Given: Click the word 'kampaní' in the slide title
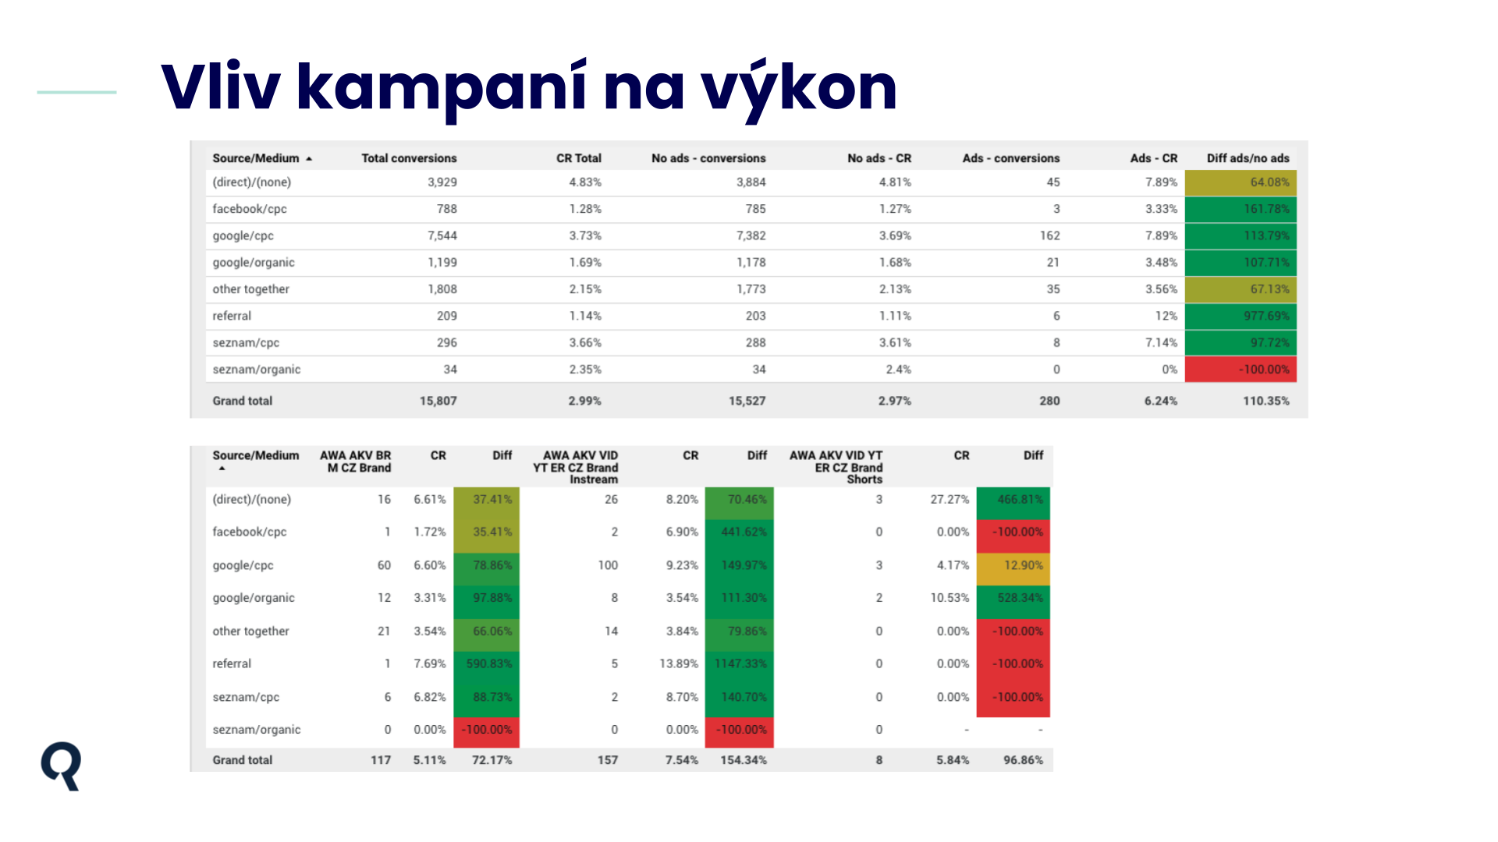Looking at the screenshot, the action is [x=442, y=88].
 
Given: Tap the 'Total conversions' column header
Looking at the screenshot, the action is [x=409, y=158].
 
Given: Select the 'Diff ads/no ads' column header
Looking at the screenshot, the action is [x=1248, y=158].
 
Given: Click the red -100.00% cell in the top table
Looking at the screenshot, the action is [x=1241, y=370].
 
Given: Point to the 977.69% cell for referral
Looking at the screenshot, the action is [x=1241, y=316].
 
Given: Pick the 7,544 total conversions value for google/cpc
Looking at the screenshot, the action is [x=442, y=235].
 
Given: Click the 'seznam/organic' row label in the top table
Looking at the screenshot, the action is [x=256, y=370].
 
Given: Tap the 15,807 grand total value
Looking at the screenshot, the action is [x=438, y=401].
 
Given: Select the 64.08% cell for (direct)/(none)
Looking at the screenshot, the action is [x=1241, y=182].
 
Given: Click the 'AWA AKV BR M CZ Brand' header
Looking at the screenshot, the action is [x=356, y=462].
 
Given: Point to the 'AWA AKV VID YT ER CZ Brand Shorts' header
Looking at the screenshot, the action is [x=836, y=467].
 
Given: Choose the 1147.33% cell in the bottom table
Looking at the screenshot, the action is [x=739, y=663].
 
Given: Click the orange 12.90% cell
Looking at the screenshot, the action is [x=1013, y=565].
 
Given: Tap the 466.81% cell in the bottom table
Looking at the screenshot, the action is [x=1013, y=499].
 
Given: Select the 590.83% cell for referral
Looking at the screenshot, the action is [x=486, y=663].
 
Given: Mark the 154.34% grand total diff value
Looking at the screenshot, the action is [x=744, y=760].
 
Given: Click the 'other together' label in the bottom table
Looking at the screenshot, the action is [x=250, y=631].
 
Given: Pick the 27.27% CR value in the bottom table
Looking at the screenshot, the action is [x=950, y=499].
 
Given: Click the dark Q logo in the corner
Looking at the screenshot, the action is [x=61, y=766].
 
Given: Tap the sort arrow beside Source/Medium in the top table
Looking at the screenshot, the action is [x=309, y=159].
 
